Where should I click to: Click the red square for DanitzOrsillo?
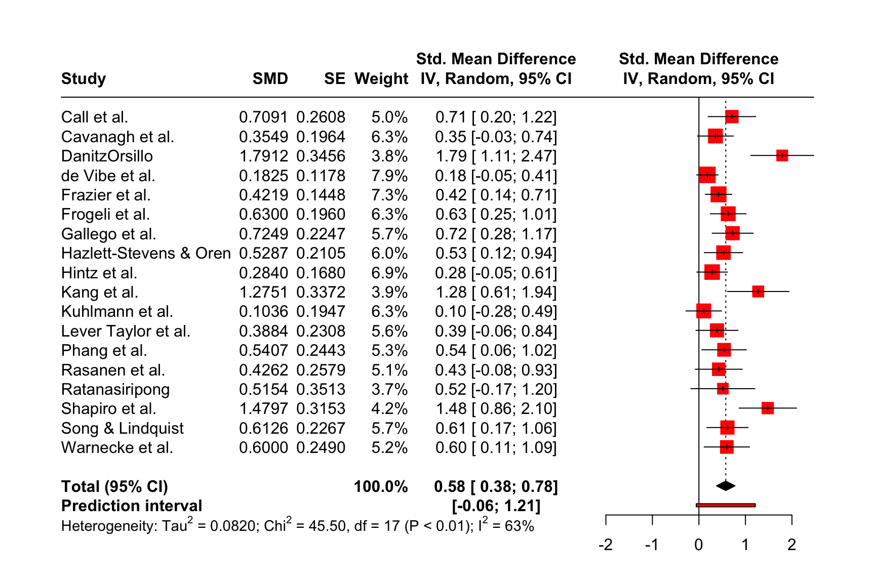782,155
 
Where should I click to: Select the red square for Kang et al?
758,291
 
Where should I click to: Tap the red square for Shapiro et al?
768,408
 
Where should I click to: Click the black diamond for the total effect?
726,486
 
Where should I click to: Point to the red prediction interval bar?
726,505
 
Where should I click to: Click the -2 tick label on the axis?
606,545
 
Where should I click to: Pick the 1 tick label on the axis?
745,545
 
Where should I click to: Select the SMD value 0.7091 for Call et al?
263,117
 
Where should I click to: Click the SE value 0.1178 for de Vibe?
321,176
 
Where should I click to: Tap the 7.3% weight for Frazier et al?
389,195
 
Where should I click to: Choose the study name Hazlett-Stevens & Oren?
146,254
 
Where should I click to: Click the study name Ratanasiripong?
115,390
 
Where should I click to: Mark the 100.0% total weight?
381,487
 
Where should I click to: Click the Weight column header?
381,79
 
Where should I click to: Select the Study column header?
84,79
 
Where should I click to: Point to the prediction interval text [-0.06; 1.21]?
496,506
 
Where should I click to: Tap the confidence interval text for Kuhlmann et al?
496,312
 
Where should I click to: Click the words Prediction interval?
132,506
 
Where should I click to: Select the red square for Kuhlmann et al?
703,311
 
